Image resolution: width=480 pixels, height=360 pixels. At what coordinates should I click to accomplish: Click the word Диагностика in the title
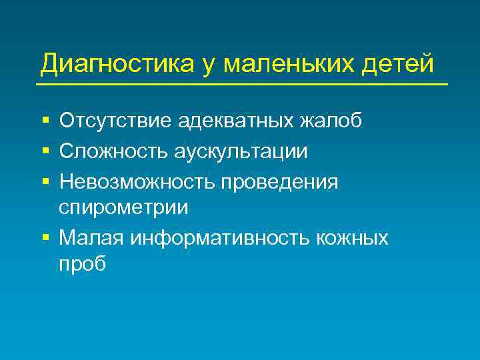(117, 64)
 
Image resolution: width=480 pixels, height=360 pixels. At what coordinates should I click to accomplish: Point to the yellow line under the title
(241, 85)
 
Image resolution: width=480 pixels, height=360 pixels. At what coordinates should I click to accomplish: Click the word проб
(82, 264)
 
